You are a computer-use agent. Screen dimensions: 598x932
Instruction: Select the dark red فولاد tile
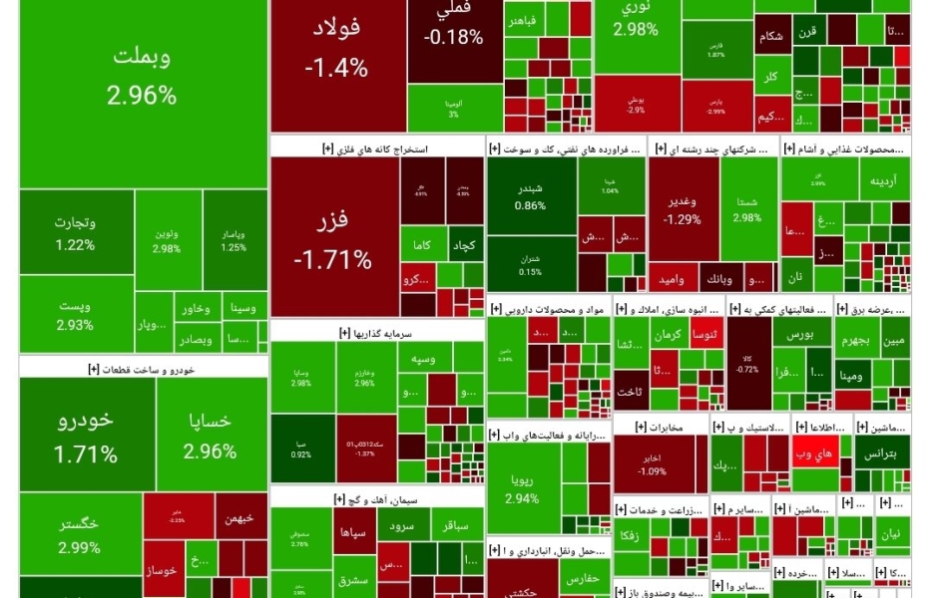(x=335, y=50)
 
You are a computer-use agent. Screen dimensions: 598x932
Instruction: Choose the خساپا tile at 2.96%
(x=211, y=437)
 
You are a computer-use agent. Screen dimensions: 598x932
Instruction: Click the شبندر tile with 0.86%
(x=531, y=196)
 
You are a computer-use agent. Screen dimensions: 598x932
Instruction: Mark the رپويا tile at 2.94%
(x=522, y=486)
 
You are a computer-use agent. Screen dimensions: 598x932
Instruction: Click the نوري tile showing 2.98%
(x=637, y=20)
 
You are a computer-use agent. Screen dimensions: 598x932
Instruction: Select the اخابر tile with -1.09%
(x=652, y=463)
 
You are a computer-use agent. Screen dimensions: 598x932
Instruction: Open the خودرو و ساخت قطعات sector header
(x=142, y=369)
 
